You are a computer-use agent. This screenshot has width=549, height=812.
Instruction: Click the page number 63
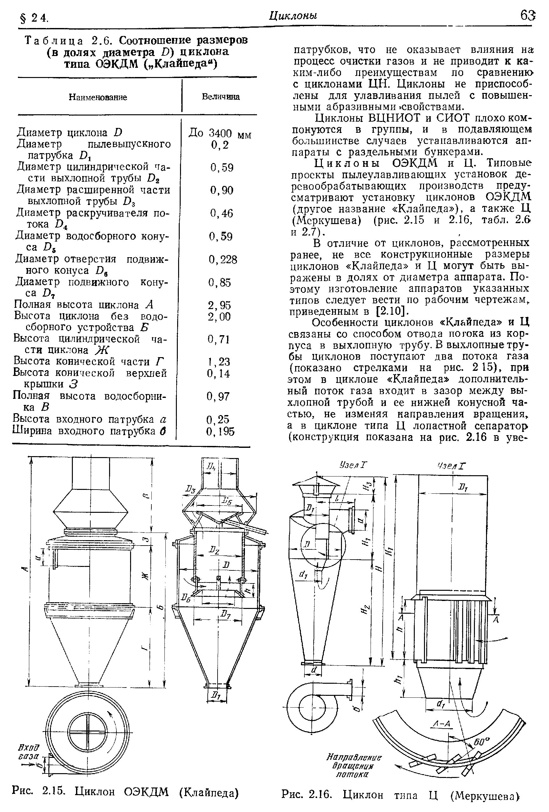pyautogui.click(x=527, y=16)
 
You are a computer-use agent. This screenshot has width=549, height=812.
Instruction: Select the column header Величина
pyautogui.click(x=221, y=96)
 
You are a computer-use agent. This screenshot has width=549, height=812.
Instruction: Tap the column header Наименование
pyautogui.click(x=98, y=97)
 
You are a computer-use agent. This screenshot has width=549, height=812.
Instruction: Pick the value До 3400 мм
pyautogui.click(x=220, y=133)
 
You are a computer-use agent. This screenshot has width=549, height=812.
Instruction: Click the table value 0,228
pyautogui.click(x=223, y=260)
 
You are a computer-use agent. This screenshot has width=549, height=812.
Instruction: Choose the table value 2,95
pyautogui.click(x=219, y=305)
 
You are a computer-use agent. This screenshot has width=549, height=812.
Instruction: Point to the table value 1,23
pyautogui.click(x=219, y=362)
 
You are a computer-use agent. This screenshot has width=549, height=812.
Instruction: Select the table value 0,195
pyautogui.click(x=220, y=432)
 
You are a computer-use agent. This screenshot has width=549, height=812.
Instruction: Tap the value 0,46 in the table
pyautogui.click(x=221, y=213)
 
